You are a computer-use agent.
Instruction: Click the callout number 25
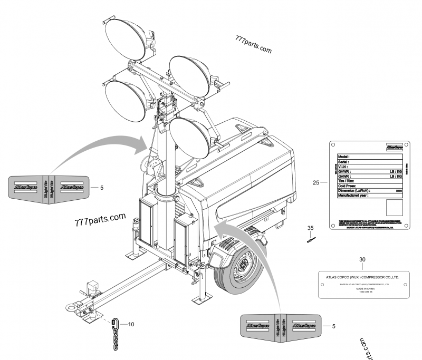tap(316, 183)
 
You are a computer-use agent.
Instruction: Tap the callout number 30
tap(362, 259)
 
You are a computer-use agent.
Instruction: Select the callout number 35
tap(311, 228)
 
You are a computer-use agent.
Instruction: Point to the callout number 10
tap(131, 324)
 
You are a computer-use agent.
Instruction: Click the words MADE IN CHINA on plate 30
tap(362, 289)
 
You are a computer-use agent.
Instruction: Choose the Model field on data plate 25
tap(344, 157)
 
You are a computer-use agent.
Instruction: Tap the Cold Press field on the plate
tap(347, 186)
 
